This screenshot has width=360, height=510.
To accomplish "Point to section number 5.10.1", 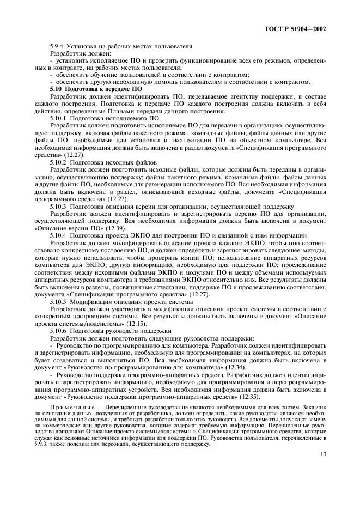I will pos(59,117).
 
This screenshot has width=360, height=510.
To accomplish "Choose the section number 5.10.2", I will pos(59,163).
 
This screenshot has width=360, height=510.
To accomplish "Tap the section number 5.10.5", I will pos(59,301).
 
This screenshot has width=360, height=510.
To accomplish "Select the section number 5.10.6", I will pos(59,330).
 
